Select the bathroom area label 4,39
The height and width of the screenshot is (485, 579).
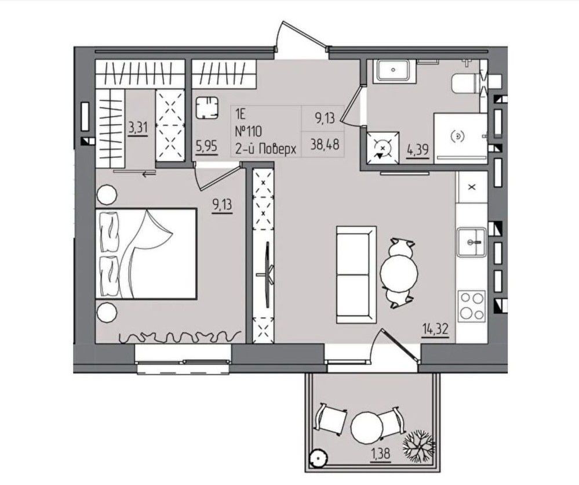[418, 150]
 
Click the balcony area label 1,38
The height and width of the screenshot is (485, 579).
[380, 453]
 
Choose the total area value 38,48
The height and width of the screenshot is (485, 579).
[325, 144]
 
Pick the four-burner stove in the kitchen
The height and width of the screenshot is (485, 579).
[471, 306]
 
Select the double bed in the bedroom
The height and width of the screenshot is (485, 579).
[145, 254]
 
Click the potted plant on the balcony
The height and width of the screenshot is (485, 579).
[420, 444]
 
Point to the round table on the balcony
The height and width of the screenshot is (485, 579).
[365, 426]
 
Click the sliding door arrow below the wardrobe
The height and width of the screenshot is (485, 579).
[149, 174]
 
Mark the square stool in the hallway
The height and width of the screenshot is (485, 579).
[207, 107]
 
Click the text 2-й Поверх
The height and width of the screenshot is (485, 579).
[266, 150]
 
